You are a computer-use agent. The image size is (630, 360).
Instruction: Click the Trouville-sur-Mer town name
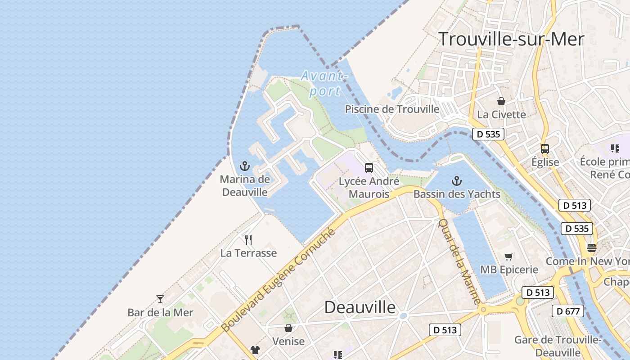[x=511, y=39]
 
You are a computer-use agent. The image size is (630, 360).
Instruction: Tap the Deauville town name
[x=360, y=307]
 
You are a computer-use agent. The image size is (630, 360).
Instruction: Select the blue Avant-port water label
[x=324, y=83]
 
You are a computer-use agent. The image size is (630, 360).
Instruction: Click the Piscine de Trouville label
[x=392, y=109]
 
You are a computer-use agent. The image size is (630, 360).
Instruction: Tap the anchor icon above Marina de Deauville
[x=245, y=166]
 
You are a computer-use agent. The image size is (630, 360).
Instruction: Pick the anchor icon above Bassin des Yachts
[x=457, y=181]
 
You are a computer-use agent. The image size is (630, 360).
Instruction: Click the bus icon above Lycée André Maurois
[x=369, y=168]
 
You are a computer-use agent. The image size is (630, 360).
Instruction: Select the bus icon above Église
[x=545, y=148]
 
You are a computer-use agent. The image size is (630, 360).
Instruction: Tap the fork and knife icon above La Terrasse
[x=248, y=239]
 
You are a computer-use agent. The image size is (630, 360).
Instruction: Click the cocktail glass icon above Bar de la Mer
[x=160, y=299]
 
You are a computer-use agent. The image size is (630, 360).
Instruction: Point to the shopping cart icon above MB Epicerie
[x=509, y=256]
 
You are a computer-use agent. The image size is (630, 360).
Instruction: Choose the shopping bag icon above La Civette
[x=501, y=101]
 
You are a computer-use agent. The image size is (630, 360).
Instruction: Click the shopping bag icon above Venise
[x=288, y=328]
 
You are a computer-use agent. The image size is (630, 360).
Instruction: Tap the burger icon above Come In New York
[x=592, y=247]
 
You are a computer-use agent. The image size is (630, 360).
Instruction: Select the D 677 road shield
[x=568, y=311]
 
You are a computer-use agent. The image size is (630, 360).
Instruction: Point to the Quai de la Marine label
[x=459, y=261]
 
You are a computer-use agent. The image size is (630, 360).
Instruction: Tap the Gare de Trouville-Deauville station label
[x=558, y=346]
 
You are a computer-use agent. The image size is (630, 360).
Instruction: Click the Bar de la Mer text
[x=160, y=312]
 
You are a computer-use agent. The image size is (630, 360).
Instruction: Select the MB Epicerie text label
[x=509, y=270]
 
